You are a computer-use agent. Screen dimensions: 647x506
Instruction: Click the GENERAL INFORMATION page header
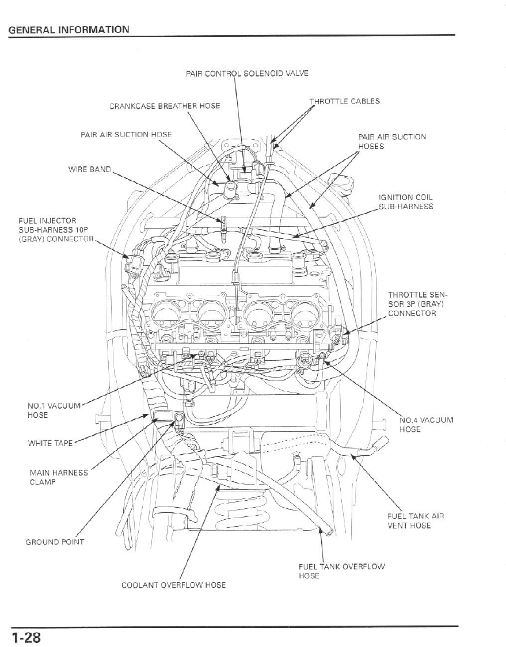69,29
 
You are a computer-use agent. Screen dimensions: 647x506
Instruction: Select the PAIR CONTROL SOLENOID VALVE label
247,74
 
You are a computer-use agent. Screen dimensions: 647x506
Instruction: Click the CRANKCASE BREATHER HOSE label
165,106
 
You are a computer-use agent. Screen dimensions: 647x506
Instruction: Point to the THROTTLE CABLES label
345,101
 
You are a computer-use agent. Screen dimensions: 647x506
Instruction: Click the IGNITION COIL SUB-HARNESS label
406,202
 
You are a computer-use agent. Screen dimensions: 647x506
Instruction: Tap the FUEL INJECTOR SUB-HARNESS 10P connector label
55,230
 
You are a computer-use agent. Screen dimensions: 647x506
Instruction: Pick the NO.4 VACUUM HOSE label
426,424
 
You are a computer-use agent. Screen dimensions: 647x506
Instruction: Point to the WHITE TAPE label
50,443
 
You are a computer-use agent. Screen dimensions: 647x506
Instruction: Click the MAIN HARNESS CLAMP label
59,477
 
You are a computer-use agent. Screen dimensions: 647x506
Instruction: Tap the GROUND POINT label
55,542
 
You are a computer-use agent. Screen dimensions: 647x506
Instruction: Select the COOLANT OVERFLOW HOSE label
173,585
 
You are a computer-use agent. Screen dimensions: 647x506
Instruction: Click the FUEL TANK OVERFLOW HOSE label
341,571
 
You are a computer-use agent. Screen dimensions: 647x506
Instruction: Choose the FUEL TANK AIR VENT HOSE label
416,521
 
